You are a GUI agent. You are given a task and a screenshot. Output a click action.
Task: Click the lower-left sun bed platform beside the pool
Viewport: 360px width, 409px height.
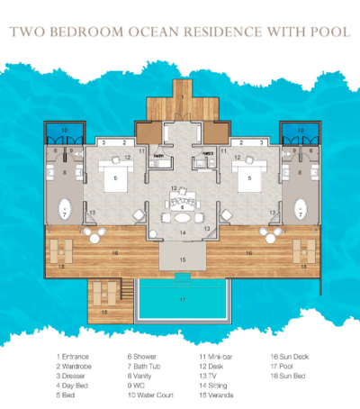coord(107,297)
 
